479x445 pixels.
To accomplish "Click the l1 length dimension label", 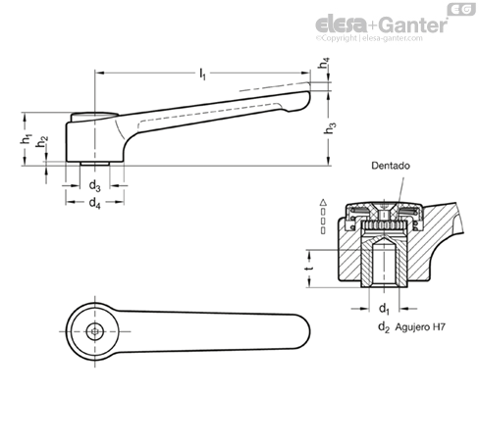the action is click(x=203, y=74).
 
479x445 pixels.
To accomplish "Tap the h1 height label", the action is click(x=26, y=139).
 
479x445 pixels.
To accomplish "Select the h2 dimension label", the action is click(x=41, y=142).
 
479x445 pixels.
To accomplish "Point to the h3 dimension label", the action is click(x=330, y=128).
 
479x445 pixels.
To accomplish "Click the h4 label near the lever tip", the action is click(x=324, y=63).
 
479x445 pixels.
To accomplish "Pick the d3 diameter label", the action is click(x=95, y=186).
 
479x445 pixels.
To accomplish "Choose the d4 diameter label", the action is click(x=95, y=203).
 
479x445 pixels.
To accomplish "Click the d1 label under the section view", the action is click(x=384, y=309).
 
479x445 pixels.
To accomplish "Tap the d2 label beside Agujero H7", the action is click(x=384, y=326).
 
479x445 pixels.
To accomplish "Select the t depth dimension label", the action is click(x=309, y=269).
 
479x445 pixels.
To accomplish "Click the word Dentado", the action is click(x=391, y=166).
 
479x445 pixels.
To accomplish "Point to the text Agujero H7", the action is click(x=420, y=326).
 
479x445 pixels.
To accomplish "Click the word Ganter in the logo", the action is click(x=414, y=25).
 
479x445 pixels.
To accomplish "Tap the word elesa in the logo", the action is click(x=342, y=25).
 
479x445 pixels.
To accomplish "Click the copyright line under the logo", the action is click(x=369, y=38).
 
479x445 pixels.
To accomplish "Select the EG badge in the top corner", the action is click(x=461, y=9).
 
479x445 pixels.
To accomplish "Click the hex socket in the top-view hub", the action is click(x=95, y=331).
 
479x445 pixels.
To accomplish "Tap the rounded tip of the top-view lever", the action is click(x=307, y=331).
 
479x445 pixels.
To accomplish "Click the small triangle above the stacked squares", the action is click(x=323, y=202).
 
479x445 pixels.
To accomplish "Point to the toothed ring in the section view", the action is click(x=384, y=225).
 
